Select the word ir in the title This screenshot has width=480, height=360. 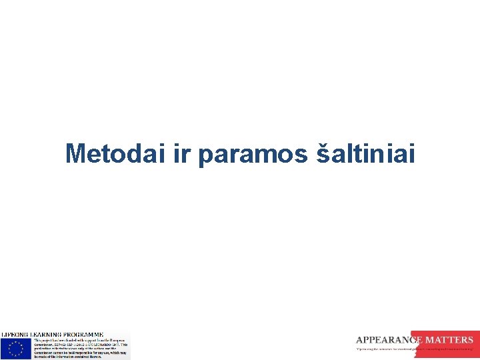[182, 154]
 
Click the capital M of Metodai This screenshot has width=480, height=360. [76, 154]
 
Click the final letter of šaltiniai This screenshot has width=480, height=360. [411, 154]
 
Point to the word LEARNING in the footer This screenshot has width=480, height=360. [47, 334]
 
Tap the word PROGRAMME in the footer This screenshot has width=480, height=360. [83, 334]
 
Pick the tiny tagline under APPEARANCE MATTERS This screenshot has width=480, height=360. [413, 349]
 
